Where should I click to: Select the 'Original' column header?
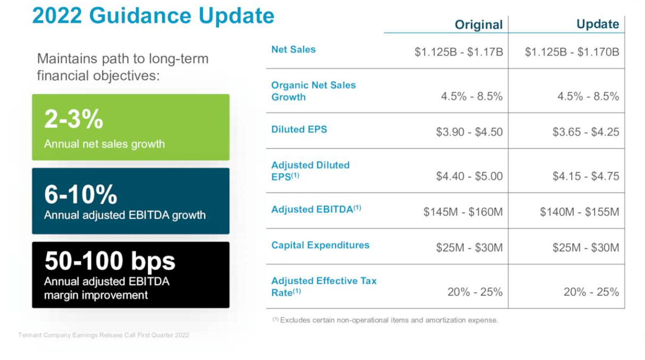pyautogui.click(x=478, y=24)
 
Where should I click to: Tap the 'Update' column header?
pyautogui.click(x=597, y=24)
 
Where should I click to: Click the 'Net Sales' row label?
pyautogui.click(x=293, y=49)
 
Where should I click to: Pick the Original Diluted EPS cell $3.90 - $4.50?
pyautogui.click(x=469, y=132)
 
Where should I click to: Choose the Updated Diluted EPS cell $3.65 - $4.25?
pyautogui.click(x=586, y=132)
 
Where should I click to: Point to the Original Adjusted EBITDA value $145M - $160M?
pyautogui.click(x=463, y=212)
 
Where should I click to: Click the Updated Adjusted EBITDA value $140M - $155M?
pyautogui.click(x=579, y=212)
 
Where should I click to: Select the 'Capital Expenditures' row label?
pyautogui.click(x=320, y=245)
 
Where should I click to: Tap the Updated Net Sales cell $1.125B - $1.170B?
pyautogui.click(x=572, y=52)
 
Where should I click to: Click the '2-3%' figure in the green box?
pyautogui.click(x=74, y=120)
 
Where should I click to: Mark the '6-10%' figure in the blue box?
pyautogui.click(x=80, y=194)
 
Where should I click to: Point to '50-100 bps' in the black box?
pyautogui.click(x=110, y=261)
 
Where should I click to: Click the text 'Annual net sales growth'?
pyautogui.click(x=104, y=144)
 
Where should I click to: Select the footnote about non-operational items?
pyautogui.click(x=385, y=320)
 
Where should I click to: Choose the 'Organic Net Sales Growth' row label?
pyautogui.click(x=313, y=91)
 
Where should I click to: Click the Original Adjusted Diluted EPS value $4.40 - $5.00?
pyautogui.click(x=469, y=176)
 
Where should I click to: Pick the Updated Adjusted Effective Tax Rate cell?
pyautogui.click(x=591, y=292)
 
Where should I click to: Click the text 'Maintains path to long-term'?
pyautogui.click(x=122, y=59)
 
